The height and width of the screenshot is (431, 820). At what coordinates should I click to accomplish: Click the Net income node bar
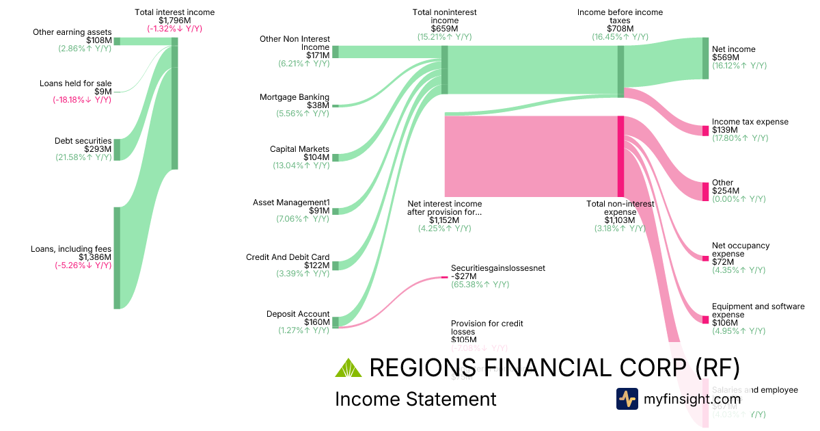click(706, 58)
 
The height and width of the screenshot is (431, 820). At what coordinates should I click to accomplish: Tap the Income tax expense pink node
click(706, 131)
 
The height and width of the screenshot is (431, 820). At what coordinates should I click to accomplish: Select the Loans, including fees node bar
click(117, 257)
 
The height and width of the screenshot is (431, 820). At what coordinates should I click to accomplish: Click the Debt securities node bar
click(117, 149)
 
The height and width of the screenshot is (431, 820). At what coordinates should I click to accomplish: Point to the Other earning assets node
click(117, 41)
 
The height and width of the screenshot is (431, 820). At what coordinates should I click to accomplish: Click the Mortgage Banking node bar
click(335, 105)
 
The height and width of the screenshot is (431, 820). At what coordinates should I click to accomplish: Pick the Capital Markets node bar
click(335, 157)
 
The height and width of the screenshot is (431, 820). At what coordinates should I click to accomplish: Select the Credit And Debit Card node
click(335, 265)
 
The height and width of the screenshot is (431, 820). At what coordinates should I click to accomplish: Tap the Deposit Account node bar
click(335, 322)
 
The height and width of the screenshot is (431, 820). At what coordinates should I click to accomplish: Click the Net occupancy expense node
click(706, 258)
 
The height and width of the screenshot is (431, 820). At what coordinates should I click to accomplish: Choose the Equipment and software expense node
click(706, 319)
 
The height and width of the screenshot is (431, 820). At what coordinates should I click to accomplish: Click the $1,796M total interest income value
click(174, 21)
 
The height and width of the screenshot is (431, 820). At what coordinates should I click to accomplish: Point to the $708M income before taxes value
click(620, 29)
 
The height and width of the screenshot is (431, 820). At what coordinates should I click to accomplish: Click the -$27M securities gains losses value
click(463, 276)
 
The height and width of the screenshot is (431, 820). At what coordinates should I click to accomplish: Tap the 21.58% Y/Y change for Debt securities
click(83, 157)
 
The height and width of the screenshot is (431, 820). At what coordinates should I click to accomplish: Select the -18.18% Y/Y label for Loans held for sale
click(82, 100)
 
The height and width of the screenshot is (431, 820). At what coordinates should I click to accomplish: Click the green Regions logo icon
click(348, 368)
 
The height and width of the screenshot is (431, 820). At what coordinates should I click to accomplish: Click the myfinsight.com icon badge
click(627, 399)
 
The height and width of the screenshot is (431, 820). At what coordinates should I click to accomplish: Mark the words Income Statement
click(415, 400)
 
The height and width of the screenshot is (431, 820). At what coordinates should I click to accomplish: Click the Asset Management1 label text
click(291, 203)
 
